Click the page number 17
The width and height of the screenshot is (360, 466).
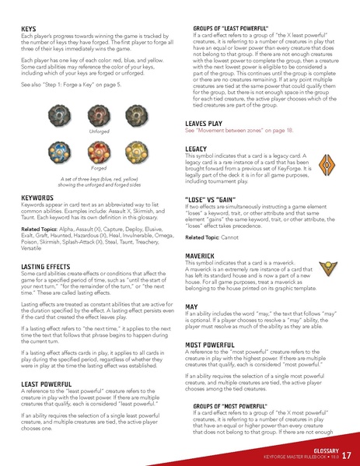click(x=345, y=455)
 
